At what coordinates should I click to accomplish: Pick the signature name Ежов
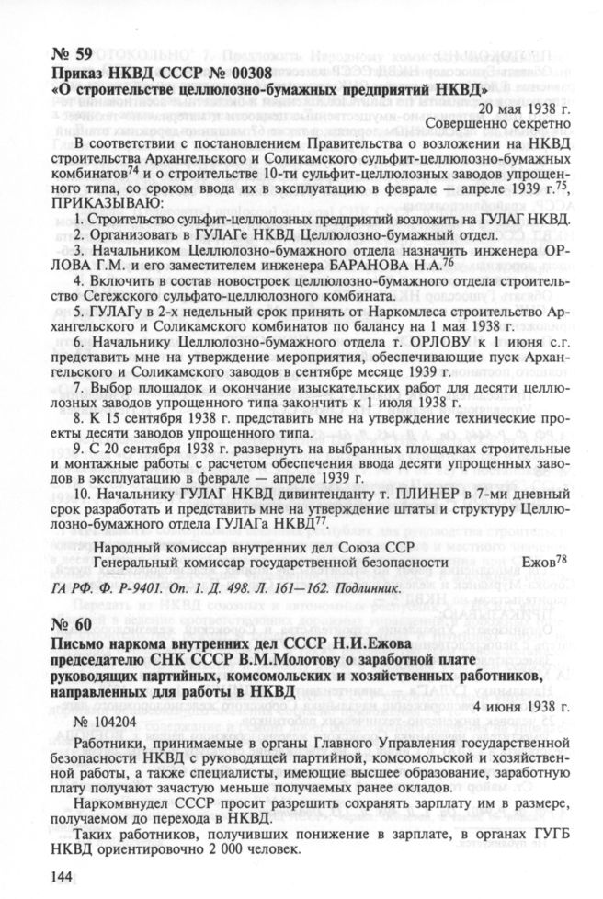(539, 560)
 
